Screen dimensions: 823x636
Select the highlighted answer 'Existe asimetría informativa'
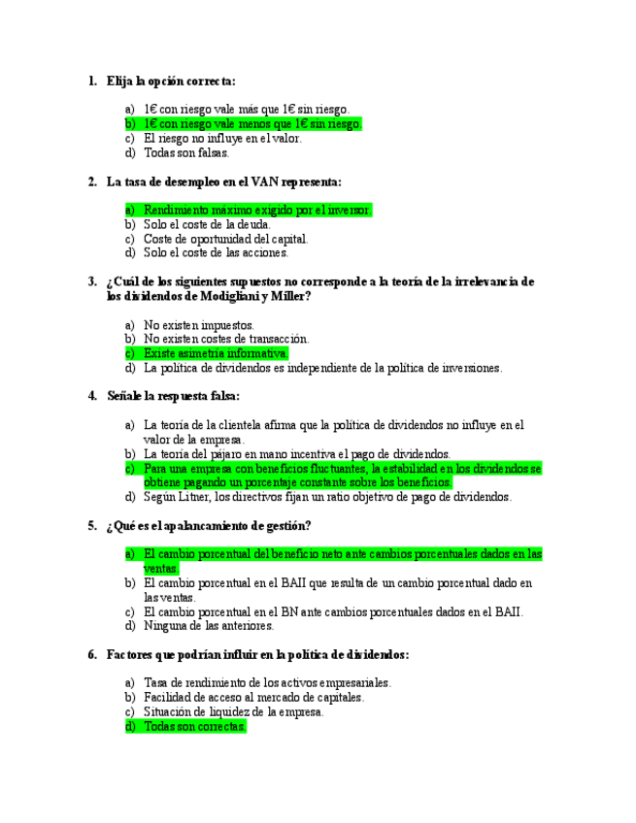(x=215, y=354)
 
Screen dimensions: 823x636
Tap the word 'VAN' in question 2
(x=265, y=181)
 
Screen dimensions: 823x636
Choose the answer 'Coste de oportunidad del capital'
(x=225, y=239)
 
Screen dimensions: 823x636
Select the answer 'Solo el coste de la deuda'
(x=207, y=224)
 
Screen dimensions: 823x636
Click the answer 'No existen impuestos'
(x=199, y=325)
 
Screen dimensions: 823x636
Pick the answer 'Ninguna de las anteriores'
(x=208, y=626)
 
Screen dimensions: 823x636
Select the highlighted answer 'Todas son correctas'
(x=194, y=726)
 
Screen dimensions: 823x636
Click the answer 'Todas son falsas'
(x=186, y=152)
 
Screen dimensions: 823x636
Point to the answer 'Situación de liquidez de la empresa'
(x=233, y=711)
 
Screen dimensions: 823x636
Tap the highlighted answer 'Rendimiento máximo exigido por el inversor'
(x=256, y=210)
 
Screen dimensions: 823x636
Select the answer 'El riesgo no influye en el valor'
(x=222, y=138)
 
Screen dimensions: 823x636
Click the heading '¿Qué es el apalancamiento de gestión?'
(x=208, y=526)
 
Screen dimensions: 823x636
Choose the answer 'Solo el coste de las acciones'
(x=216, y=252)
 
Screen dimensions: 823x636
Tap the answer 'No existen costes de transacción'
(x=226, y=340)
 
